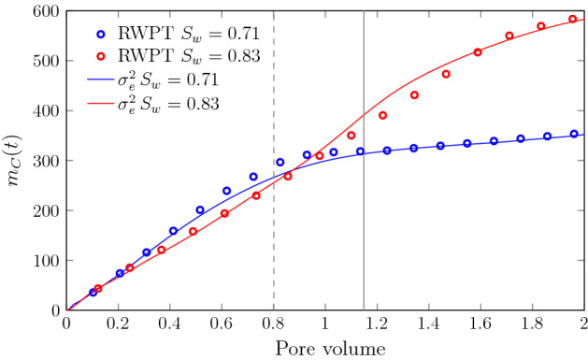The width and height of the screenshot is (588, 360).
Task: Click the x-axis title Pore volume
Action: click(x=323, y=348)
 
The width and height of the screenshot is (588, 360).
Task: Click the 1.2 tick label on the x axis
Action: click(x=376, y=324)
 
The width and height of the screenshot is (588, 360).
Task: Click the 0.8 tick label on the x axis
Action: click(x=272, y=324)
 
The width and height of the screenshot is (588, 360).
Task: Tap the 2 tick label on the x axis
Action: click(x=582, y=324)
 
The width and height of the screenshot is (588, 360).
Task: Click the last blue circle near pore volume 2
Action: click(x=574, y=134)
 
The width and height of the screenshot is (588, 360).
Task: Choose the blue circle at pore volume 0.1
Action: click(x=93, y=293)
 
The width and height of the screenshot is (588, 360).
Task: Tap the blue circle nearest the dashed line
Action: click(x=280, y=162)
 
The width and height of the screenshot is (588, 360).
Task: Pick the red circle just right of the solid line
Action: click(x=382, y=115)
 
